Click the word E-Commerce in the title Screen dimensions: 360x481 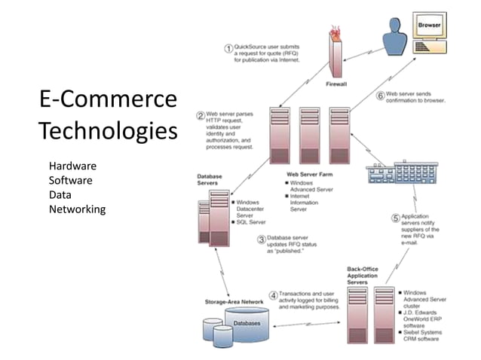[108, 100]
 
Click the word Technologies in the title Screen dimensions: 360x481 [108, 131]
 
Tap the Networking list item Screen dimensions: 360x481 [77, 209]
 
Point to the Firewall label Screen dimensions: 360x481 [336, 85]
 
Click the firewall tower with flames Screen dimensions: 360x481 [336, 53]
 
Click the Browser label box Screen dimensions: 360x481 [430, 25]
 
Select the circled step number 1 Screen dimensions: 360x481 [228, 48]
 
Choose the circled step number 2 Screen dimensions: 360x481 [201, 116]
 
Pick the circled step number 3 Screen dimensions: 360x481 [261, 240]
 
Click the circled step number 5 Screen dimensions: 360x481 [394, 218]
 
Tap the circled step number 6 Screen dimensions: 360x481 [380, 96]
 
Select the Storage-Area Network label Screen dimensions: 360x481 [234, 302]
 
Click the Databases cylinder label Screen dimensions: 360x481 [247, 322]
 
